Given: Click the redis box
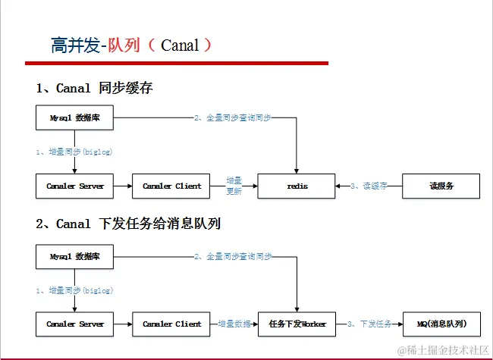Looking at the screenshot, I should [x=296, y=186].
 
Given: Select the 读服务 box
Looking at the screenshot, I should [x=441, y=186].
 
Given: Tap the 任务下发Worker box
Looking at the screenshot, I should [x=296, y=324].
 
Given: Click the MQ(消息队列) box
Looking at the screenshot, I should [x=441, y=324].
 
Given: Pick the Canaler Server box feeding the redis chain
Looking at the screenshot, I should [x=74, y=186].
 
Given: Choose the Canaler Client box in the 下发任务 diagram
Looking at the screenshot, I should [x=171, y=324].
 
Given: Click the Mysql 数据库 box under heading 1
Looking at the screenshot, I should [x=74, y=118].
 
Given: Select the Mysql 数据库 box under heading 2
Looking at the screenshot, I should [x=74, y=256].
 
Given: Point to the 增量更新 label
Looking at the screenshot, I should [x=234, y=186].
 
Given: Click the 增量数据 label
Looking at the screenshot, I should [x=234, y=324].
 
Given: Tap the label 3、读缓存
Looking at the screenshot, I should [x=369, y=186].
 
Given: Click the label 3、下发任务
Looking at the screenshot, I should [x=369, y=324].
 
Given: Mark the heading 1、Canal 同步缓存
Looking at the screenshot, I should [x=94, y=89].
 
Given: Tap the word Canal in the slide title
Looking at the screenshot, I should [x=180, y=45].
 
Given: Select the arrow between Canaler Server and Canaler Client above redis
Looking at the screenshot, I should [x=122, y=186].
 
